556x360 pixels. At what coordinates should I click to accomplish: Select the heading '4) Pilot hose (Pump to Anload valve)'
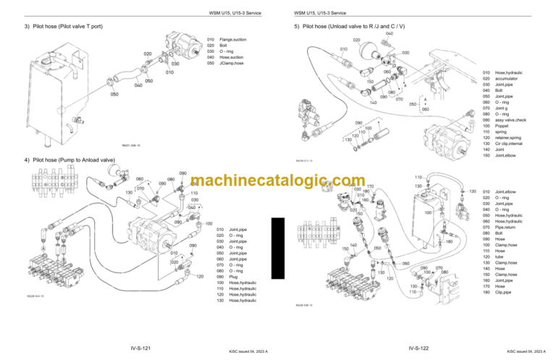[x=69, y=160]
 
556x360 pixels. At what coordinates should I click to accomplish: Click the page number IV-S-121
[x=136, y=348]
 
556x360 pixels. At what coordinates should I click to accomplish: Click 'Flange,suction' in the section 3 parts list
[x=234, y=39]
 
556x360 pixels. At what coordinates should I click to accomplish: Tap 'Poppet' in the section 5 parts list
[x=502, y=126]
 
